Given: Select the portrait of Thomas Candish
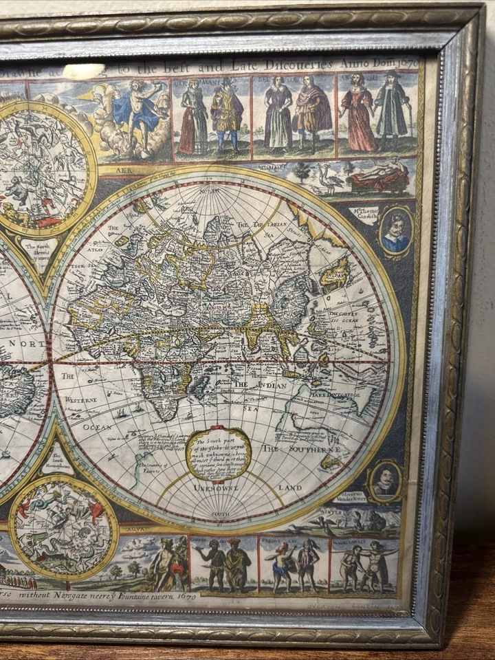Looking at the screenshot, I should pos(396,232).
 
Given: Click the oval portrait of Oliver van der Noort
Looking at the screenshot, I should pos(385,481).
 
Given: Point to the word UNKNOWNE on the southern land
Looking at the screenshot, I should pos(216,487).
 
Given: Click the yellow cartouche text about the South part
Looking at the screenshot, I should pos(219,454).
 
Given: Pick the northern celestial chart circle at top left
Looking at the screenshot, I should pos(41,168).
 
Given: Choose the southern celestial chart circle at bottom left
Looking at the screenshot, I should pos(63,528).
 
